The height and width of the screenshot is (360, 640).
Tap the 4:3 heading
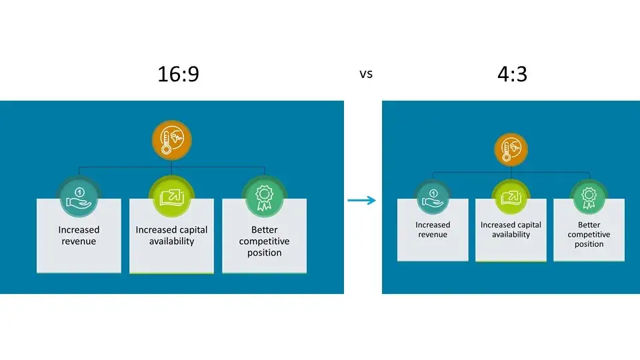(511, 74)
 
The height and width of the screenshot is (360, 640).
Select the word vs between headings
(366, 74)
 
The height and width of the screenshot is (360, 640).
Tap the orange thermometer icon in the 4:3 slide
(511, 150)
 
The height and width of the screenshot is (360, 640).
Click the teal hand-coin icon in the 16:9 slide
(79, 196)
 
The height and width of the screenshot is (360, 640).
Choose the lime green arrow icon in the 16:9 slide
(171, 196)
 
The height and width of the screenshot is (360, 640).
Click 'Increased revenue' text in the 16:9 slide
(79, 235)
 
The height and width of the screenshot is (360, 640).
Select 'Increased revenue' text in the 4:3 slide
(433, 229)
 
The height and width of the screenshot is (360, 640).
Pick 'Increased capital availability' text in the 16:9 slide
(171, 235)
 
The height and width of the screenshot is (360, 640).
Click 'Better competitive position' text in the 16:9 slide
(264, 241)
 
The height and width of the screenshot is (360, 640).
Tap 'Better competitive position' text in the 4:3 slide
(589, 235)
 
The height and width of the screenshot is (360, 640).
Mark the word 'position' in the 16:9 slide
(264, 253)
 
